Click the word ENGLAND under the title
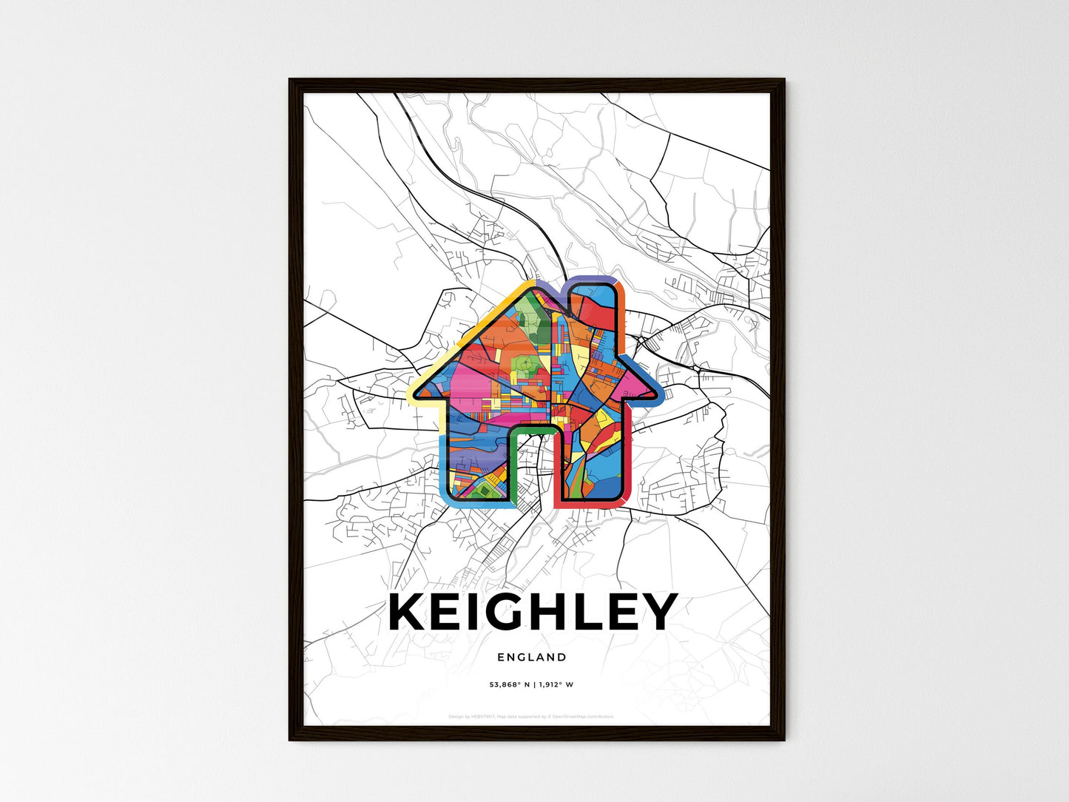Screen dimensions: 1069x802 [532, 657]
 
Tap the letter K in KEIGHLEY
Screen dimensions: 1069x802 [411, 612]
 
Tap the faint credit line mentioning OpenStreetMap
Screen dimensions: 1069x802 [532, 716]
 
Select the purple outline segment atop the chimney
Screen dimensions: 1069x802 [592, 282]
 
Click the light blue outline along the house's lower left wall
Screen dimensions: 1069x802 [444, 466]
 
